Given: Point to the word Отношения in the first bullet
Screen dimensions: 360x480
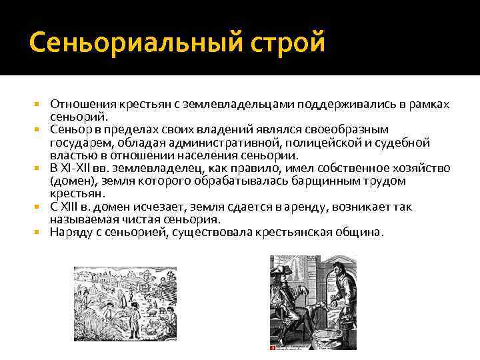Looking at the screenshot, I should click(83, 105).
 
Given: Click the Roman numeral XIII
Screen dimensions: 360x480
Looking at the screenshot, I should click(72, 207).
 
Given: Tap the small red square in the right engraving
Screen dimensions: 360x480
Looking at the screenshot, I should click(273, 347).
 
